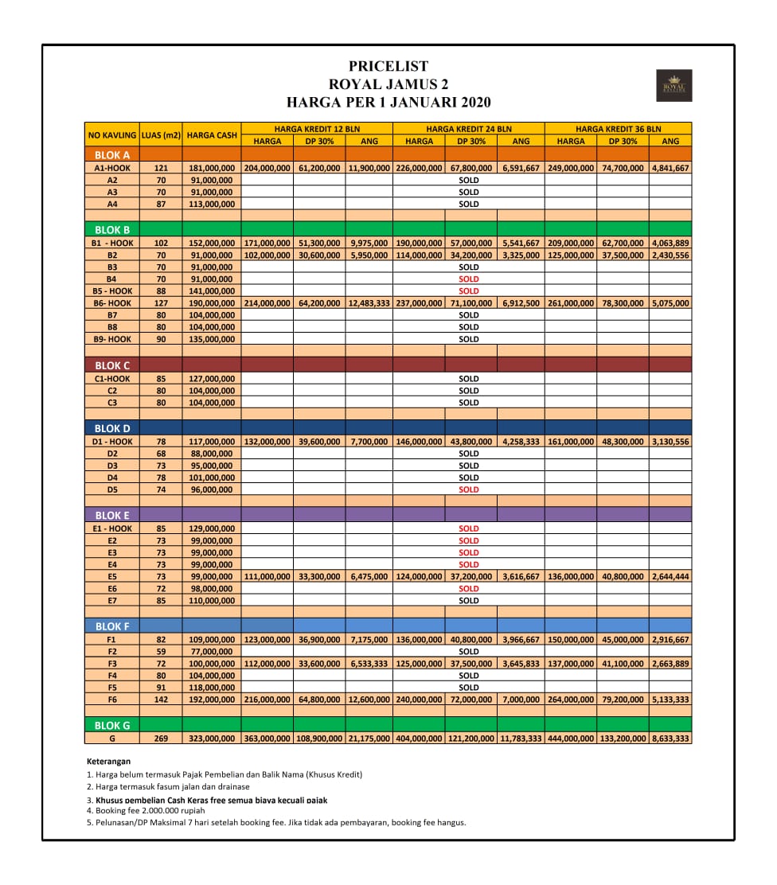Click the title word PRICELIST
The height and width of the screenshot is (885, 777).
(388, 67)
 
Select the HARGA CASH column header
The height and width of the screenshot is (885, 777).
(212, 135)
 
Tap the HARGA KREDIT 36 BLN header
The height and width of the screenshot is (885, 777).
(618, 129)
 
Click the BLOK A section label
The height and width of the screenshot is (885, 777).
(112, 155)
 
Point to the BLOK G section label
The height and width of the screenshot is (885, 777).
(112, 726)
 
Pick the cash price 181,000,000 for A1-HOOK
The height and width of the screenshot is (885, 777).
(212, 168)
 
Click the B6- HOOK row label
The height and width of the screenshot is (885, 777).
(112, 303)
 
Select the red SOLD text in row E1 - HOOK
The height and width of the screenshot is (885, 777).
(469, 528)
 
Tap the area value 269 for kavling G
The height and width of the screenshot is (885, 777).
(161, 739)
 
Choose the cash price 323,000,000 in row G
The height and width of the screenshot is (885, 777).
(212, 739)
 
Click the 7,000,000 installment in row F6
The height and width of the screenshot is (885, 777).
(521, 700)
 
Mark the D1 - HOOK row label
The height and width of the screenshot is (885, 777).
(112, 442)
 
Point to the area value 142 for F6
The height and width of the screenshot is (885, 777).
(161, 700)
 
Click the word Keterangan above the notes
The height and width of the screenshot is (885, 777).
(108, 762)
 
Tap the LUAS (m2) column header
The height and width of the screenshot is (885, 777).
(161, 135)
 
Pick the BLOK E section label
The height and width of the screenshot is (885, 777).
(112, 516)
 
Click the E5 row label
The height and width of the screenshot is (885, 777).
(112, 576)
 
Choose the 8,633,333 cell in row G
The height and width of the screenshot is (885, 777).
(670, 739)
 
